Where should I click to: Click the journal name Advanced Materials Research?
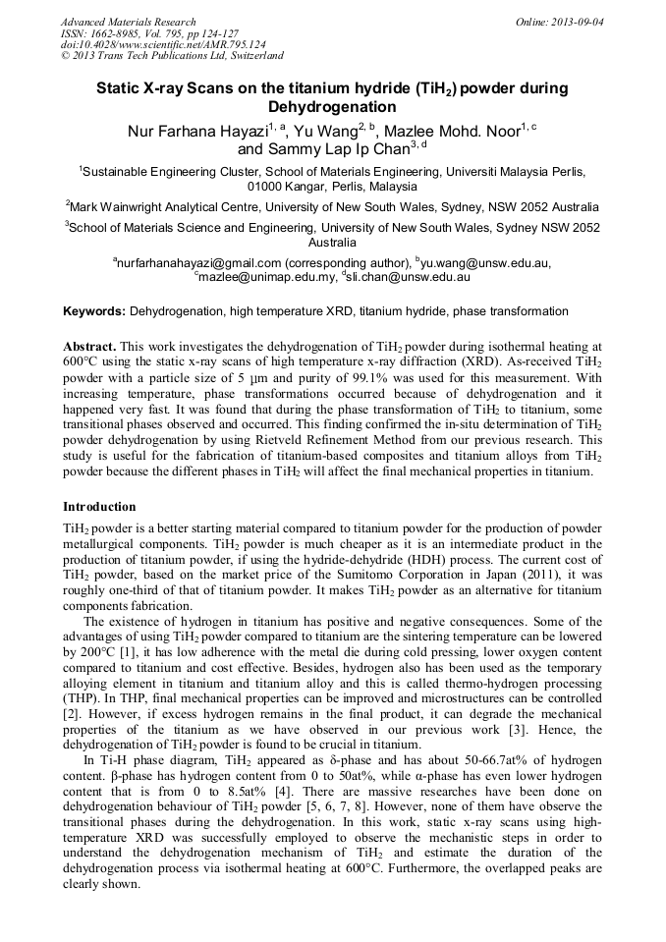128,22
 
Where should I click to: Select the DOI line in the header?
162,45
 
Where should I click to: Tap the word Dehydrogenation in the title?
332,107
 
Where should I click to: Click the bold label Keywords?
94,311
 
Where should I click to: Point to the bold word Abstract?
89,348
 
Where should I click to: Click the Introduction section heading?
99,507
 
